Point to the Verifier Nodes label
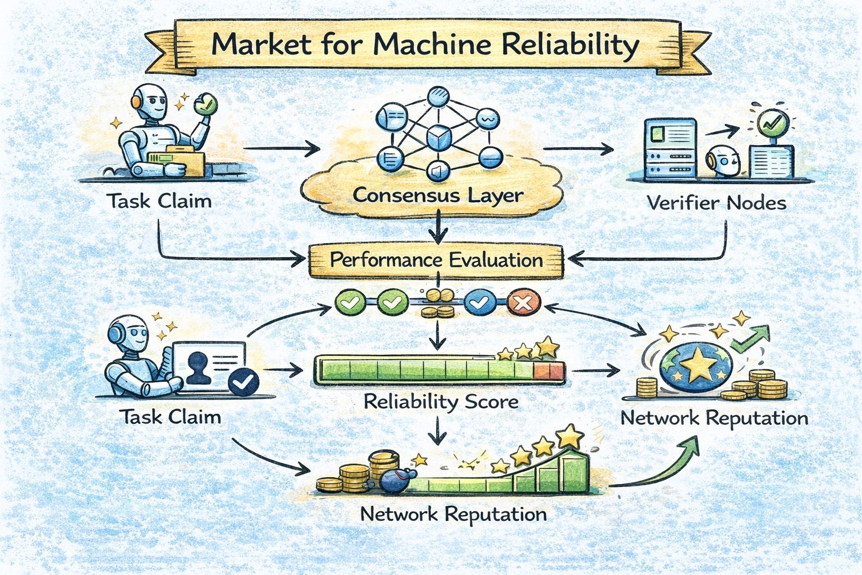click(716, 202)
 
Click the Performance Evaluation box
click(436, 260)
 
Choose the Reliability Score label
click(441, 401)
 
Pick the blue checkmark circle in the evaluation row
click(480, 304)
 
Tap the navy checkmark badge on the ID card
click(244, 382)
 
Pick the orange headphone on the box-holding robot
click(136, 101)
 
